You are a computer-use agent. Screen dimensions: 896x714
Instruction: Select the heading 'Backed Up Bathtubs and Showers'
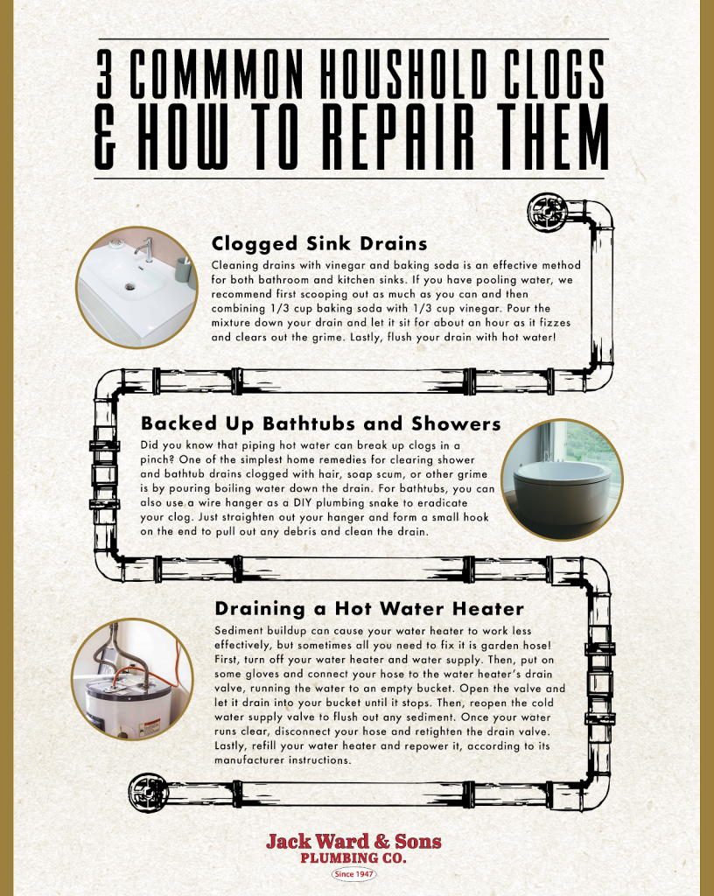tap(320, 424)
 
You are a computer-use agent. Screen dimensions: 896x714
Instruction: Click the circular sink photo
tap(136, 288)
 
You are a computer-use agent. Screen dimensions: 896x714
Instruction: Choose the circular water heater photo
tap(132, 679)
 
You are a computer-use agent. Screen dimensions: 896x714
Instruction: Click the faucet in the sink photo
tap(145, 249)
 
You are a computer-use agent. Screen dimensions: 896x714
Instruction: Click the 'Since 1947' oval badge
tap(353, 873)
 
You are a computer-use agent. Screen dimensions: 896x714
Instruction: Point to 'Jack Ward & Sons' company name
tap(353, 842)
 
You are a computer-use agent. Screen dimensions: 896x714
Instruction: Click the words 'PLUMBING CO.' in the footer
tap(353, 858)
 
